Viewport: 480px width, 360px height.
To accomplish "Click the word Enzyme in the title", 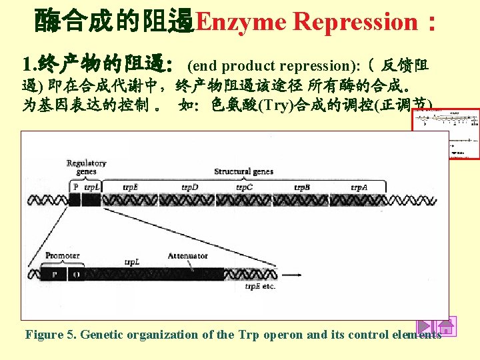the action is tap(241, 22).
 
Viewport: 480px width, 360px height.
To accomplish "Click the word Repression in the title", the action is tap(355, 22).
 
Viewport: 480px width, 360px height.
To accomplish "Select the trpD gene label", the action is tap(190, 187).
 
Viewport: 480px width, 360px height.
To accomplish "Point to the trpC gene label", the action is tap(244, 187).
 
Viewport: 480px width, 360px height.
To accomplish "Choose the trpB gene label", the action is tap(302, 187).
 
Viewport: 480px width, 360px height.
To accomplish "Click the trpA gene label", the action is tap(359, 187).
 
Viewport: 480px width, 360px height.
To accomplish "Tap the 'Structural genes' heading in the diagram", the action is tap(243, 171).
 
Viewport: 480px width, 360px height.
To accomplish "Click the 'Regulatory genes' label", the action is tap(86, 167).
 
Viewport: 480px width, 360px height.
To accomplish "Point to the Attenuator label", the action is tap(187, 255).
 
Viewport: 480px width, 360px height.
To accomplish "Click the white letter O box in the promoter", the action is tap(76, 274).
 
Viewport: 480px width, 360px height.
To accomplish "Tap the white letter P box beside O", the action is tap(55, 274).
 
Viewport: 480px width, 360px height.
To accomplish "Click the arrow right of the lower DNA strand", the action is tap(291, 274).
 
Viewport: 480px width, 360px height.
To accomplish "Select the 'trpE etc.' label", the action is tap(260, 287).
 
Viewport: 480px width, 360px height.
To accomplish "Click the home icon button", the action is tap(446, 327).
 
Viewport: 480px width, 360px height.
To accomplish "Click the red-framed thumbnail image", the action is tap(446, 133).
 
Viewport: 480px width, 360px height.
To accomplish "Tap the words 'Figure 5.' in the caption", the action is tap(49, 335).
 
